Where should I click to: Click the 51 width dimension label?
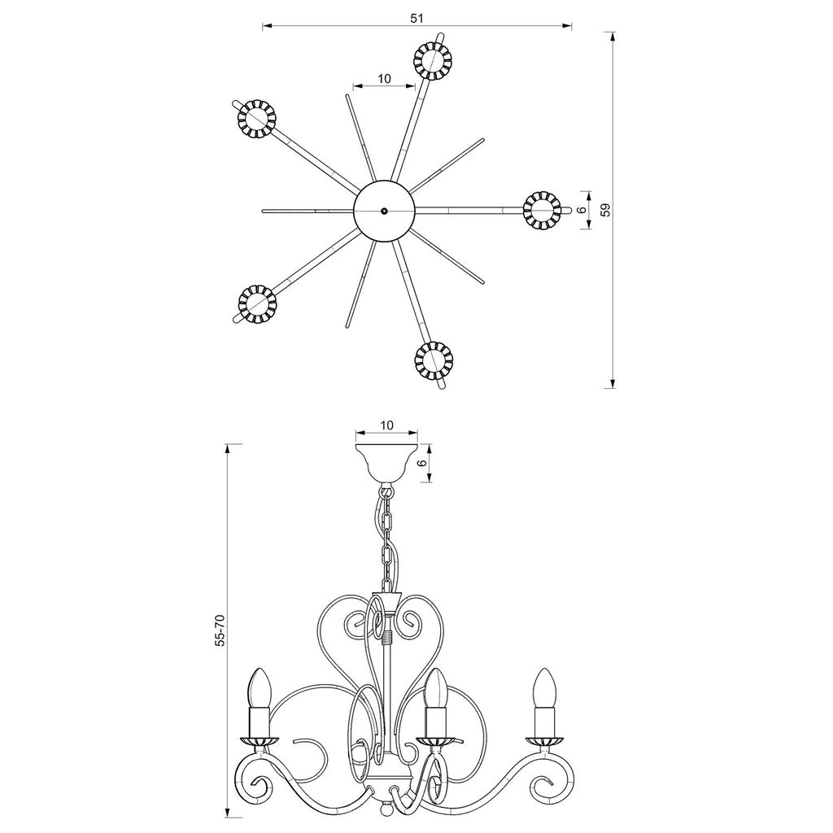click(x=417, y=18)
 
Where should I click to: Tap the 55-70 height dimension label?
click(x=220, y=630)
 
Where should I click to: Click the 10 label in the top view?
click(x=384, y=79)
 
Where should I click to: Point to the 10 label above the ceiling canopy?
click(x=386, y=425)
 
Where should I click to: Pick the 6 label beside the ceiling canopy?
click(x=423, y=463)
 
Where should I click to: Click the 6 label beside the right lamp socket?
click(x=582, y=210)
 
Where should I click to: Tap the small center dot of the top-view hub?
click(x=384, y=211)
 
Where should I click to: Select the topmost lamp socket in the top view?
click(x=433, y=61)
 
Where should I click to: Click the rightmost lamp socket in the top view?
click(x=542, y=210)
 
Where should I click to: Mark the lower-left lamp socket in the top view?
click(x=257, y=304)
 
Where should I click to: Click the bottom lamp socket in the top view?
click(x=434, y=360)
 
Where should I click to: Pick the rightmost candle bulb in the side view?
click(x=544, y=687)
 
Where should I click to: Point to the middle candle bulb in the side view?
click(x=436, y=687)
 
